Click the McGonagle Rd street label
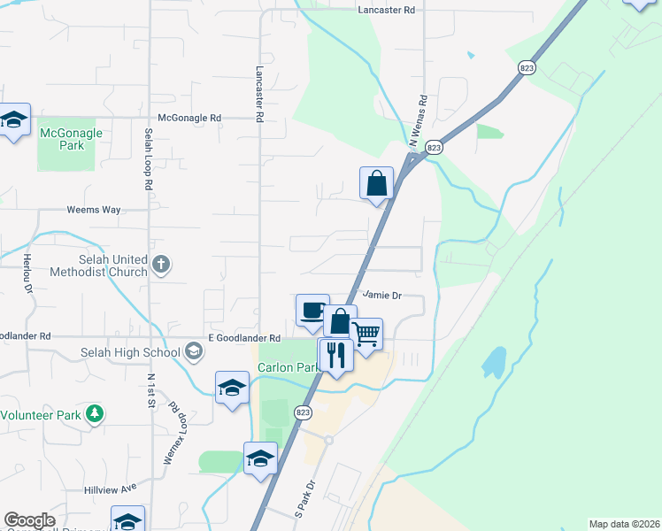click(189, 118)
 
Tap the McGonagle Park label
click(72, 139)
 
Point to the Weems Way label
click(94, 211)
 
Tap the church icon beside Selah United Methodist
click(161, 264)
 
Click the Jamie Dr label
click(382, 296)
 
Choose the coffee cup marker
click(312, 311)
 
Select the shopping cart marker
click(366, 335)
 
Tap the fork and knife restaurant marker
click(336, 355)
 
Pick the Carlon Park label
click(287, 367)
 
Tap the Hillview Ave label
click(112, 488)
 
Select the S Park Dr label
click(304, 499)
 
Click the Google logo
click(30, 521)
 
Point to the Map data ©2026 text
click(623, 524)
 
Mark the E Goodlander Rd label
click(244, 338)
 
